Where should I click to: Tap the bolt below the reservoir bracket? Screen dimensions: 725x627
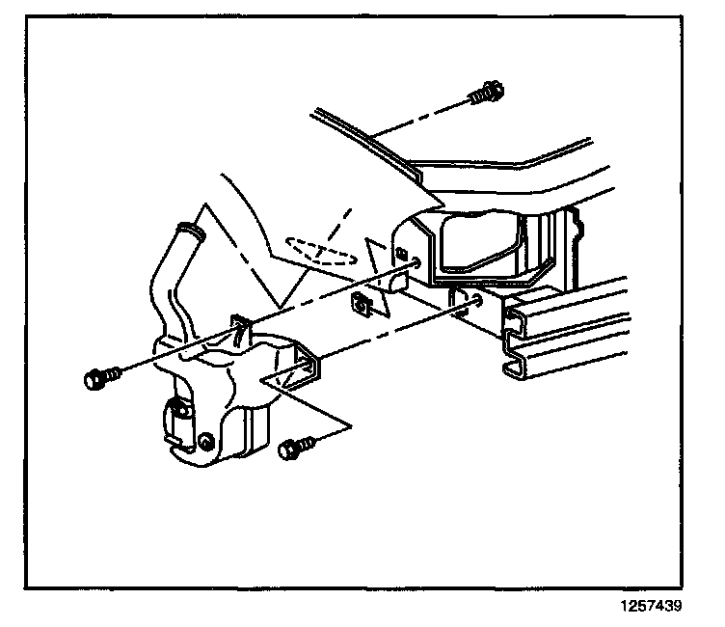pyautogui.click(x=292, y=448)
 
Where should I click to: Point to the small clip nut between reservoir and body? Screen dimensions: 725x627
pyautogui.click(x=360, y=305)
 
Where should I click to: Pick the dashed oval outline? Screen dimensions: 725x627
pyautogui.click(x=323, y=251)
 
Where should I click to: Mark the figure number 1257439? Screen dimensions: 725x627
pyautogui.click(x=651, y=608)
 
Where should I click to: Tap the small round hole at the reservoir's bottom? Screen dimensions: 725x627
pyautogui.click(x=206, y=443)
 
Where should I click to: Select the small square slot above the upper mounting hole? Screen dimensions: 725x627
pyautogui.click(x=398, y=254)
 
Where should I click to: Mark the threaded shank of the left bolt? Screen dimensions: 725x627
pyautogui.click(x=114, y=372)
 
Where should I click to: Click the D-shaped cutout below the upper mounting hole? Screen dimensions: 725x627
pyautogui.click(x=397, y=281)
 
